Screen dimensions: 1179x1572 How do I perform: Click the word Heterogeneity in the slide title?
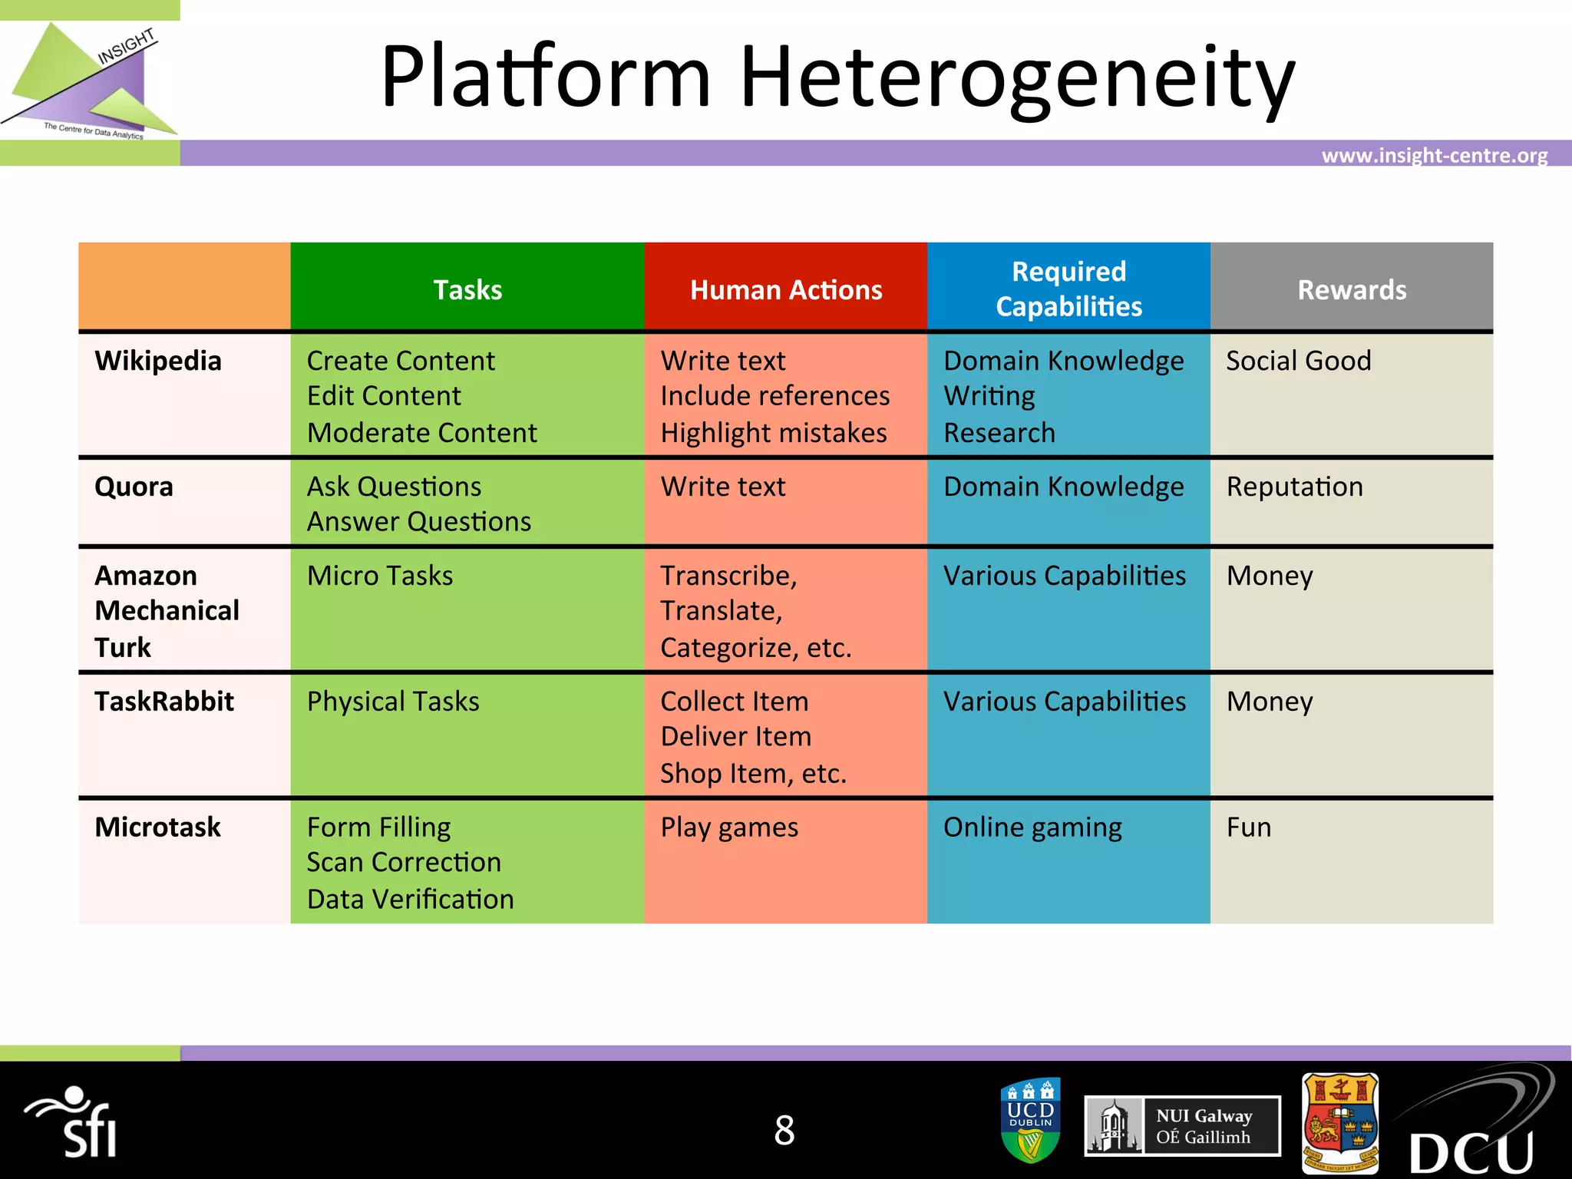coord(1017,77)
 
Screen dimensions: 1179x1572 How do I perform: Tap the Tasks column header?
coord(467,290)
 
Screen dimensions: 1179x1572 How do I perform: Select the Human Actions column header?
coord(786,290)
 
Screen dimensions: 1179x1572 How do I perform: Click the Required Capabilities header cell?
coord(1068,289)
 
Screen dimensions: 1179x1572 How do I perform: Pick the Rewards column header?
coord(1352,290)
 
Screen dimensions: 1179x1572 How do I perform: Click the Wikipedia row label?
coord(158,361)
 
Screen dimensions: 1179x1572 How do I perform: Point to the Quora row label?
coord(134,487)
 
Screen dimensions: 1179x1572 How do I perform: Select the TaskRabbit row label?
coord(164,702)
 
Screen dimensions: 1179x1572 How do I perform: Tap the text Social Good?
coord(1298,361)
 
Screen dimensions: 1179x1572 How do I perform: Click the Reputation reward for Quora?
coord(1294,487)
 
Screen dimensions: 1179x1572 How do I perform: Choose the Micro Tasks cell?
coord(380,576)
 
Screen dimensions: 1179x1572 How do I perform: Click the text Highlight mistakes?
coord(774,433)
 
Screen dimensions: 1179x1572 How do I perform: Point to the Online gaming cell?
coord(1032,827)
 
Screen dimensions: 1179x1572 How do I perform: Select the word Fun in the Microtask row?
coord(1249,827)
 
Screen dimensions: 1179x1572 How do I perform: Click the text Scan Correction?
coord(404,863)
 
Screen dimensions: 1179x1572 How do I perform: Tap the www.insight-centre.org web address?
coord(1434,156)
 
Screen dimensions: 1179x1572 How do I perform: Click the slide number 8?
coord(784,1130)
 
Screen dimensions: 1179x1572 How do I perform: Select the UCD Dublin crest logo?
coord(1031,1120)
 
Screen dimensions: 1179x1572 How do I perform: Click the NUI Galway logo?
coord(1182,1126)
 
